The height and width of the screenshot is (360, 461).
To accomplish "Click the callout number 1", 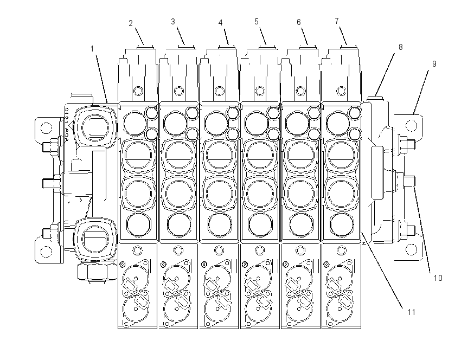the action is pos(92,48).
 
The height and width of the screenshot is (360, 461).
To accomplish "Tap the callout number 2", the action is pos(131,23).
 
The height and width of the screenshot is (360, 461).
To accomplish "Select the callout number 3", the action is pos(173,22).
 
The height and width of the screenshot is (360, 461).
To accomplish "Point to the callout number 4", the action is pos(221,23).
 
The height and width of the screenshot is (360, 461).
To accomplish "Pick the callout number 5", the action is pos(257,22).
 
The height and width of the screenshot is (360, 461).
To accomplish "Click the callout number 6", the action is pos(299,22).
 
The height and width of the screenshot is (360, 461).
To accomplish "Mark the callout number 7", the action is pos(337,21).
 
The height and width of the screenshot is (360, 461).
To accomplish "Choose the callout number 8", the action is pos(400,47).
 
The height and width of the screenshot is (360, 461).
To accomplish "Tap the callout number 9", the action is pos(434,64).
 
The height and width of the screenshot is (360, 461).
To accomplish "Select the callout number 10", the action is pos(438,278).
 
